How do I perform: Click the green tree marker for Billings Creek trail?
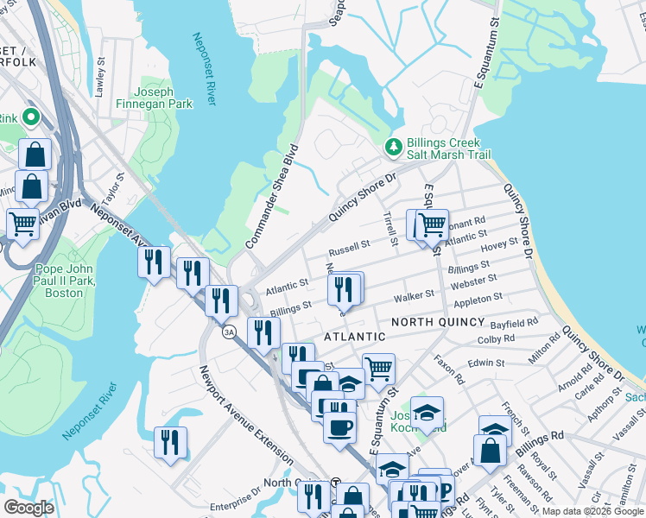coord(394,148)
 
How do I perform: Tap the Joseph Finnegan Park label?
coord(164,98)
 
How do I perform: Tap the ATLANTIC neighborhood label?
coord(354,336)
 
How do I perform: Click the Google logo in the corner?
coord(29,508)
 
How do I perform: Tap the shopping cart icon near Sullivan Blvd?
coord(23,224)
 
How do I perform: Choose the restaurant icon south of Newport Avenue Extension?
coord(170,442)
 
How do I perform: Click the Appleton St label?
coord(478,298)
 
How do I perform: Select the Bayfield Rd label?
coord(514,323)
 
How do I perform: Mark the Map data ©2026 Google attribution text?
coord(592,511)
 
